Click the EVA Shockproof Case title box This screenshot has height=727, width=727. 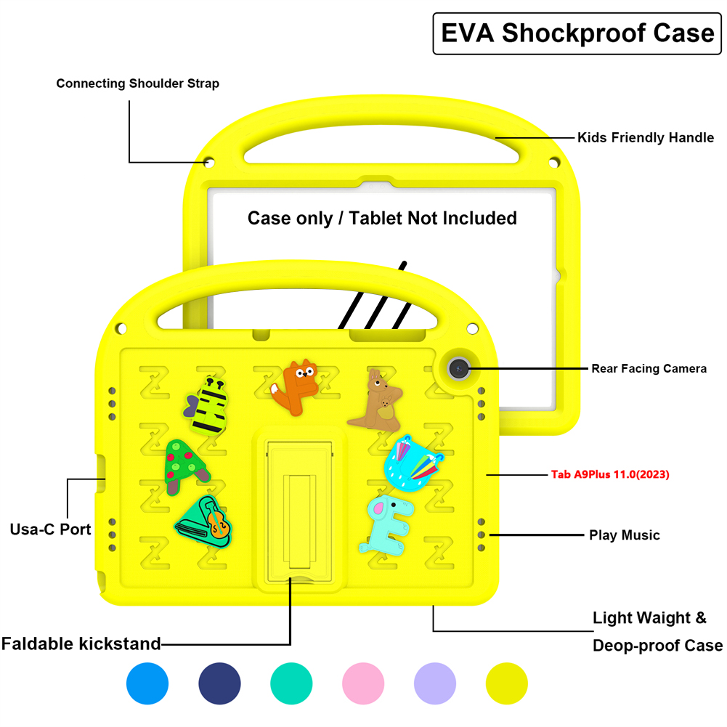577,33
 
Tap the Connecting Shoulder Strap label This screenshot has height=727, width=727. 138,84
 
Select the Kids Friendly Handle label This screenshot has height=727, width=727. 645,137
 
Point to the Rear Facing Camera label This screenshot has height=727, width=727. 649,369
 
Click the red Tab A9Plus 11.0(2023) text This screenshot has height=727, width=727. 610,474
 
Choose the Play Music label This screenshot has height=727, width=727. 624,535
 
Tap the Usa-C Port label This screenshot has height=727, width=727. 51,529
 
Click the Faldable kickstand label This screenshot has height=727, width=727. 81,643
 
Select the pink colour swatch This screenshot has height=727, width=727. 363,683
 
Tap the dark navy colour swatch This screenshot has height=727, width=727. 219,683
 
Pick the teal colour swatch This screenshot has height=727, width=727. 291,683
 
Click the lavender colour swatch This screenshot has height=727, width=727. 435,683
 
